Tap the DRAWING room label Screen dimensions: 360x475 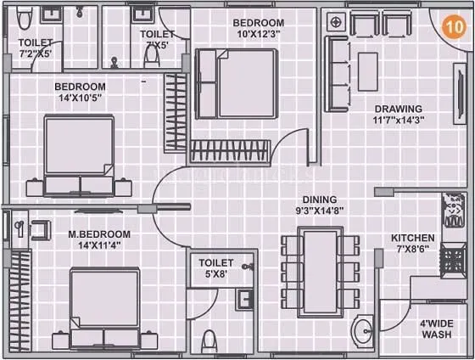tap(399, 109)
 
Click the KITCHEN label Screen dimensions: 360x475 tap(413, 238)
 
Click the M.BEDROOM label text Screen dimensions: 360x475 tap(98, 233)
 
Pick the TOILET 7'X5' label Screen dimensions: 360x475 tap(157, 39)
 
